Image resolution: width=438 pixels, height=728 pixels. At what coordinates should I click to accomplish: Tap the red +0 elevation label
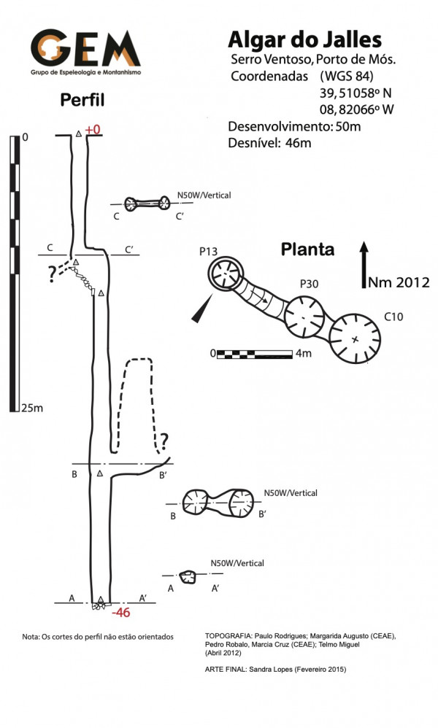(x=93, y=130)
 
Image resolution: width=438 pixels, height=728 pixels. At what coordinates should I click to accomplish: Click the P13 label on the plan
(x=209, y=252)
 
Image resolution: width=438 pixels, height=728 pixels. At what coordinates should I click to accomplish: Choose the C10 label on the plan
(x=393, y=317)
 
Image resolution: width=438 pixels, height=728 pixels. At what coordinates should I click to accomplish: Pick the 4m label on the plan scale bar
(x=304, y=354)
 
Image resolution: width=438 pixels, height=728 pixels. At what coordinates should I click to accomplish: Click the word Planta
(x=307, y=250)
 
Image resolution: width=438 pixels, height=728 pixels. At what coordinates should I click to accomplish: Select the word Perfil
(x=82, y=100)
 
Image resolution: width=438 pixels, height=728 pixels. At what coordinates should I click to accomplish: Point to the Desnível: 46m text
(x=269, y=143)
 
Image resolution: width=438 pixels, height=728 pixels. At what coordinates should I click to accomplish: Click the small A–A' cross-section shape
(x=188, y=577)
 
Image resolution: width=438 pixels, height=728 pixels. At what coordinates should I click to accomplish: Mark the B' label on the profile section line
(x=164, y=476)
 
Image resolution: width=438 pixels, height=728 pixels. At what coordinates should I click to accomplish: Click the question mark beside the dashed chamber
(x=164, y=440)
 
